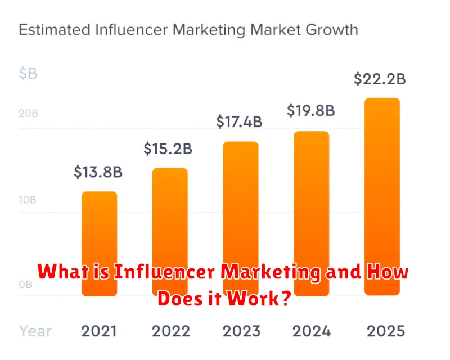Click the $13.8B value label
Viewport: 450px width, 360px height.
tap(98, 172)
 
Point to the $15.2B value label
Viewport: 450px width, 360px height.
tap(168, 148)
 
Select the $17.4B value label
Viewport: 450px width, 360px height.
tap(240, 121)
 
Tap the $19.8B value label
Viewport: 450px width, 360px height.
tap(310, 111)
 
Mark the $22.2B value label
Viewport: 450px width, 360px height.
tap(380, 79)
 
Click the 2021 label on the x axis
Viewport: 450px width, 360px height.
tap(100, 330)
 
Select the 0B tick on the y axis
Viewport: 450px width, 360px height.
tap(25, 285)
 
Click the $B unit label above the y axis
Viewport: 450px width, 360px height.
tap(28, 74)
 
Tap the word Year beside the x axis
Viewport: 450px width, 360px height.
tap(36, 330)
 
